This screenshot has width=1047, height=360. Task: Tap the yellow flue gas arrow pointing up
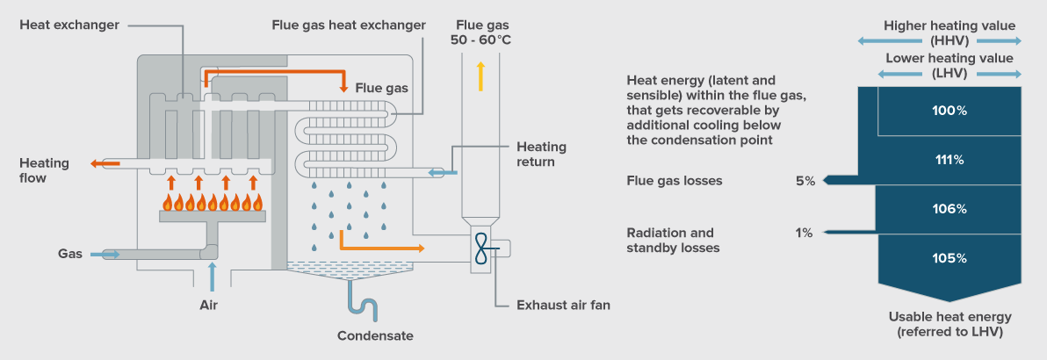(480, 76)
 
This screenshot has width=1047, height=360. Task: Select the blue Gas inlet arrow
(110, 255)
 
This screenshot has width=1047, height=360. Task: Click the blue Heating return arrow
(437, 172)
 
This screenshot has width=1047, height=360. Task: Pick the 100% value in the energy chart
(950, 112)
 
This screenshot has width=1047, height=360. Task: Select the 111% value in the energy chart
(950, 160)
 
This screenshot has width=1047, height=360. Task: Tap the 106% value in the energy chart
(950, 209)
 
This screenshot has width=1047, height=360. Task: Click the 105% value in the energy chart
(950, 258)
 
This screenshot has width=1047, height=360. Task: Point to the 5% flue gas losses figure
(805, 181)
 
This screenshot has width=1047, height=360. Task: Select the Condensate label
(375, 335)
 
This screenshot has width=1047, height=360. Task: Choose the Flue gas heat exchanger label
(349, 24)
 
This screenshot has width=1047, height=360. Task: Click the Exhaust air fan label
(563, 306)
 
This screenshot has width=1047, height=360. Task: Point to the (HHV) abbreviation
(949, 40)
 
